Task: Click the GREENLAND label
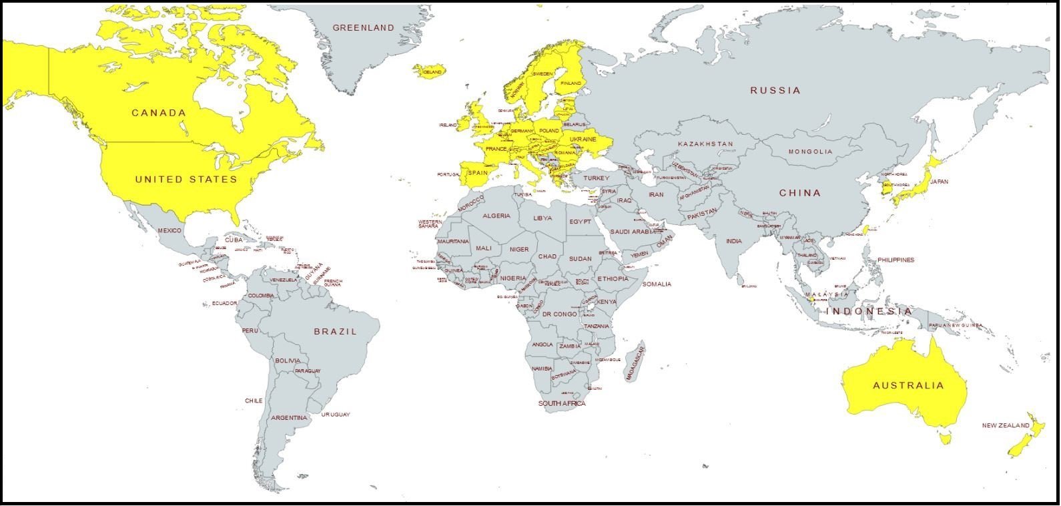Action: click(363, 28)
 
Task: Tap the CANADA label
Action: click(159, 113)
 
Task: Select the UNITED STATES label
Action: click(186, 180)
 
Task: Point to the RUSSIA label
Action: click(775, 90)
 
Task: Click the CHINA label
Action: click(800, 193)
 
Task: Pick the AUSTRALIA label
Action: click(908, 386)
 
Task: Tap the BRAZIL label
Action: click(336, 331)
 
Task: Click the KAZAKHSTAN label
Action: click(705, 144)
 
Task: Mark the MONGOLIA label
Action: click(810, 152)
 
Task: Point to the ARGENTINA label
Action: click(289, 418)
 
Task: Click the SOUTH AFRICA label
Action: click(562, 404)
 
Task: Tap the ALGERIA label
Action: click(496, 216)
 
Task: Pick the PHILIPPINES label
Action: click(896, 260)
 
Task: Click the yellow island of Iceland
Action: click(428, 70)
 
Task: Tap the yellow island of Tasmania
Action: click(944, 438)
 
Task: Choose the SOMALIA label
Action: click(657, 284)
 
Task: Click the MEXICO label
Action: click(169, 230)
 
